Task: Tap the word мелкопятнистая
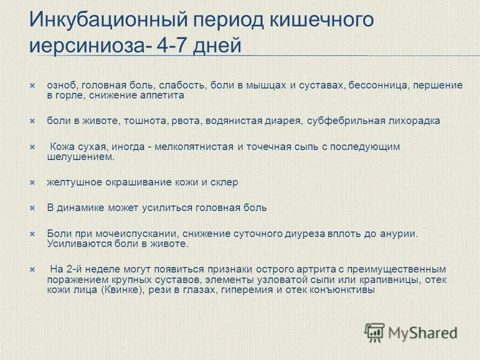tap(192, 146)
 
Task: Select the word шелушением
tap(80, 157)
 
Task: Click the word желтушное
tap(71, 182)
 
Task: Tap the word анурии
tap(397, 233)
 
